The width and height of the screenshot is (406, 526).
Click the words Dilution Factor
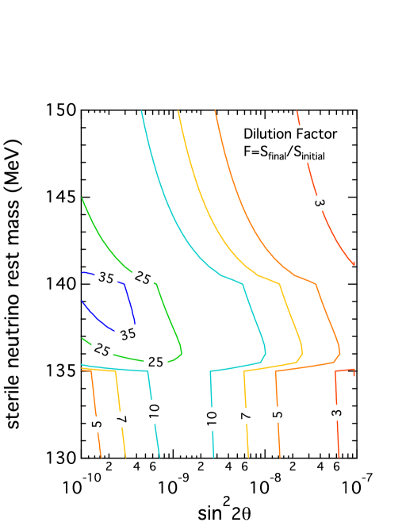[290, 134]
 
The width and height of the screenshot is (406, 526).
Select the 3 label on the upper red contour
[319, 203]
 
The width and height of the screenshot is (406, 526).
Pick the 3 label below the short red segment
[337, 412]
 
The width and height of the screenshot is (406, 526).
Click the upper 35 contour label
[106, 278]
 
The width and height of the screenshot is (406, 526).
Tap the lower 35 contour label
[128, 334]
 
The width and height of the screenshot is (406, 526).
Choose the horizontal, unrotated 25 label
[155, 362]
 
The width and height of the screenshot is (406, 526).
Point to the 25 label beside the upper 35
[143, 278]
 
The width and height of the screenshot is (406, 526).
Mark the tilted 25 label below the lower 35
[101, 349]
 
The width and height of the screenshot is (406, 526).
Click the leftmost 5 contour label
[97, 424]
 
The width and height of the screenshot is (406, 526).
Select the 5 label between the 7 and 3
[278, 413]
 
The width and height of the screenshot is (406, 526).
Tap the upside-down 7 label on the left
[121, 419]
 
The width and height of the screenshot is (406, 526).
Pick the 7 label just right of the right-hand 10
[247, 415]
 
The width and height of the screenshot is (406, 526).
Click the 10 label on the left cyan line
[154, 410]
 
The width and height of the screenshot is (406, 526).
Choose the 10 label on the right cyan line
[212, 419]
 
